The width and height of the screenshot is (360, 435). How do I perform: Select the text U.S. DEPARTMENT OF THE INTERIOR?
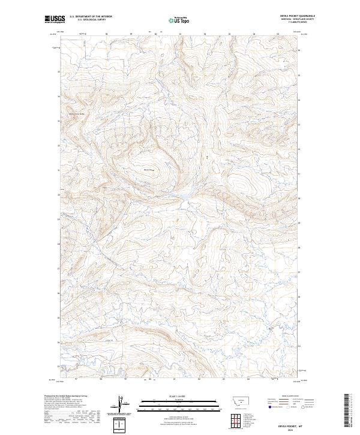(x=90, y=17)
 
